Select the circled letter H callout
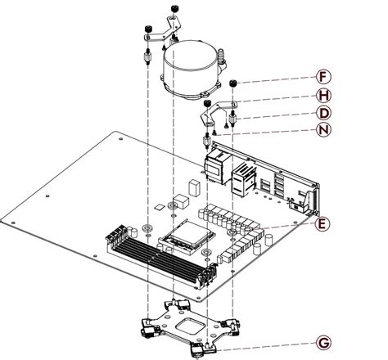click(x=325, y=95)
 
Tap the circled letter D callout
click(x=325, y=113)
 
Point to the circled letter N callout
click(x=325, y=131)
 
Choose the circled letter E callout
click(x=323, y=223)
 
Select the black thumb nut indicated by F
click(x=233, y=83)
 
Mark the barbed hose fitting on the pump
click(x=223, y=57)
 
